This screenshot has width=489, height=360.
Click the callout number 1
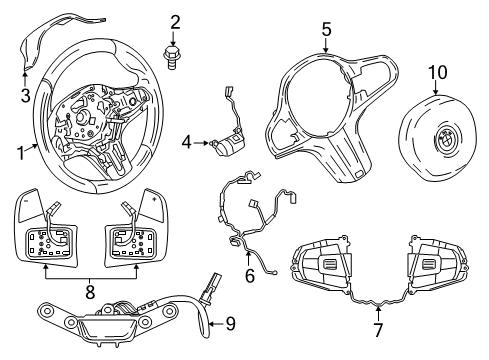click(21, 154)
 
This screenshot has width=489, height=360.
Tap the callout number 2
click(175, 22)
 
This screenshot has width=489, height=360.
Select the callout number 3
click(25, 95)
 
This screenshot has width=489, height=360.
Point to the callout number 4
click(187, 143)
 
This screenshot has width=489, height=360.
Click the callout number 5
click(327, 29)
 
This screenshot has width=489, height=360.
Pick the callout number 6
click(250, 275)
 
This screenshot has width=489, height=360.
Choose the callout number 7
click(378, 330)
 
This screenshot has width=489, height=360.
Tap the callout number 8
click(90, 292)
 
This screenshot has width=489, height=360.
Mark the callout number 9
click(231, 323)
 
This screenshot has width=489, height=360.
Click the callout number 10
click(438, 72)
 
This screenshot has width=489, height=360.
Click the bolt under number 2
click(171, 58)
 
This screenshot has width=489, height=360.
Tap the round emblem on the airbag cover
click(446, 138)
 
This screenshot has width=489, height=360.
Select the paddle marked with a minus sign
click(29, 205)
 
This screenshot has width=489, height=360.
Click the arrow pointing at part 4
click(201, 143)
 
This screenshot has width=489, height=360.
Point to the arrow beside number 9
click(216, 324)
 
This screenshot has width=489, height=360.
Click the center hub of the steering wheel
click(82, 117)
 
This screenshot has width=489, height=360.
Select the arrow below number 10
click(436, 88)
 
